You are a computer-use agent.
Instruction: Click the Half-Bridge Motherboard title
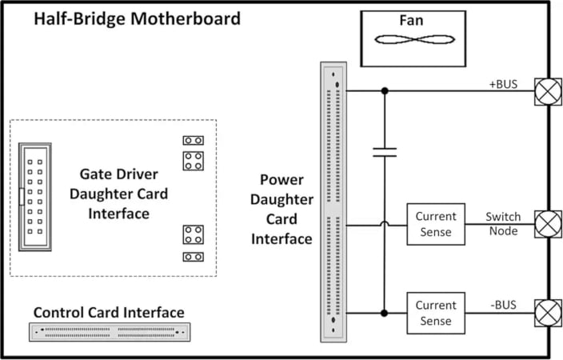point(137,18)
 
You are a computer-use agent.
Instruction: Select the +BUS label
point(504,84)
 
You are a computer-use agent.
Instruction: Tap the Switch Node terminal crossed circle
point(548,224)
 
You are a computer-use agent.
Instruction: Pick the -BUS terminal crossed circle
point(548,313)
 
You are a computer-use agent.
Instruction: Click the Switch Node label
point(503,224)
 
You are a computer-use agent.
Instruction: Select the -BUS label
point(503,305)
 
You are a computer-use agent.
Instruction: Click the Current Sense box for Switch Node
point(436,224)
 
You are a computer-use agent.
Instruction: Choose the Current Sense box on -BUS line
point(436,313)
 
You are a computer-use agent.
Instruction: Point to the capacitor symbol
point(385,152)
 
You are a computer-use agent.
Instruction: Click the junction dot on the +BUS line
point(385,91)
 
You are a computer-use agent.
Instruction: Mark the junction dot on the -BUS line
point(385,313)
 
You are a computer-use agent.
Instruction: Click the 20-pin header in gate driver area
point(34,195)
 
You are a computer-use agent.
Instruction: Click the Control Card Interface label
point(109,312)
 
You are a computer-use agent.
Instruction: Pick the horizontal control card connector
point(109,330)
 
